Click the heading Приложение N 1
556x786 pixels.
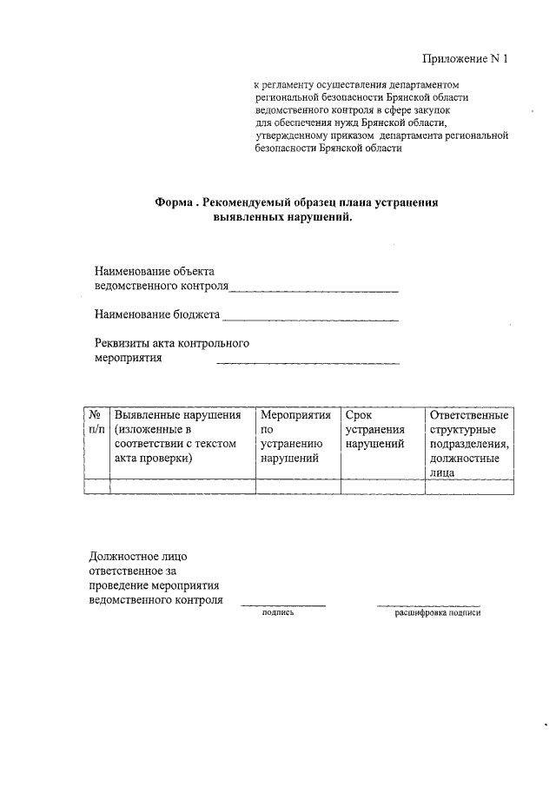[x=464, y=59]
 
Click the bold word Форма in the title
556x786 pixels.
[x=173, y=202]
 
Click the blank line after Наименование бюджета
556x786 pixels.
[x=310, y=319]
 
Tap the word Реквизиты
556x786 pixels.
[x=122, y=343]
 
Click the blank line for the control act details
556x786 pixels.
[x=308, y=362]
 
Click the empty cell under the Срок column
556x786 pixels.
[x=382, y=486]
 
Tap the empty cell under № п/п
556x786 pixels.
[x=96, y=486]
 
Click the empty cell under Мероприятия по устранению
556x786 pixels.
[x=298, y=486]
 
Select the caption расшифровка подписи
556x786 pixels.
[x=437, y=612]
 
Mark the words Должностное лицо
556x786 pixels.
[x=138, y=556]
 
